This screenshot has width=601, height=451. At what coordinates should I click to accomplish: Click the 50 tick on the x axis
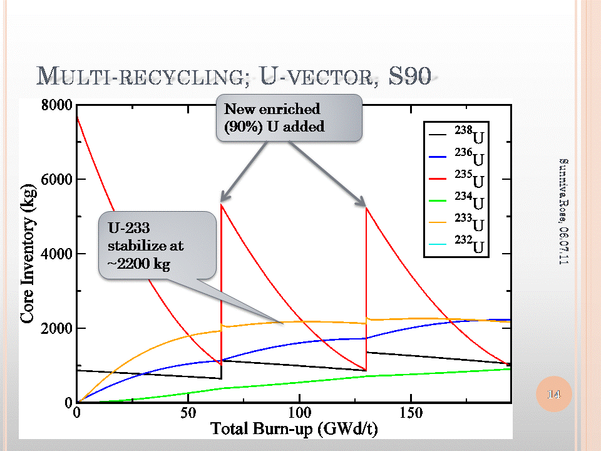pos(188,413)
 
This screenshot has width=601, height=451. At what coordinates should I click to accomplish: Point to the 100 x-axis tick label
pos(299,413)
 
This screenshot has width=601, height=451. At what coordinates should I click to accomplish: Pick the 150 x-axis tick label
pos(411,413)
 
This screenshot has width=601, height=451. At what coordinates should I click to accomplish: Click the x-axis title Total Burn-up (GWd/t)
pos(294,430)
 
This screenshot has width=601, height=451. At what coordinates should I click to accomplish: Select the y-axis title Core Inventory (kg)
pos(28,254)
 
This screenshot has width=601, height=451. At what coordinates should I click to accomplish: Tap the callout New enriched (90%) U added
pos(289,118)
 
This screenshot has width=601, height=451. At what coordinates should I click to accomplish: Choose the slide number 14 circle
pos(554,394)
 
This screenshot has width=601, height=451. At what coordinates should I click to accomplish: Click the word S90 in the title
pos(409,76)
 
